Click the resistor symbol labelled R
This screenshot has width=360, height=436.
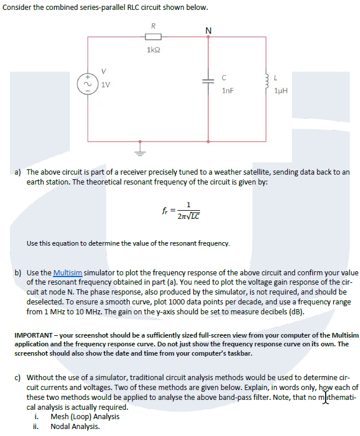[x=152, y=36]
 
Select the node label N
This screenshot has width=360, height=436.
[x=208, y=30]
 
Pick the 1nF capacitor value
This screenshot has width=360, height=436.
[x=229, y=91]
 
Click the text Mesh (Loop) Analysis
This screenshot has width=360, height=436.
[x=85, y=416]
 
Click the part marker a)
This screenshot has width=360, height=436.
[x=18, y=172]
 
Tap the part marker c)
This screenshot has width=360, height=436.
[x=18, y=378]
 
